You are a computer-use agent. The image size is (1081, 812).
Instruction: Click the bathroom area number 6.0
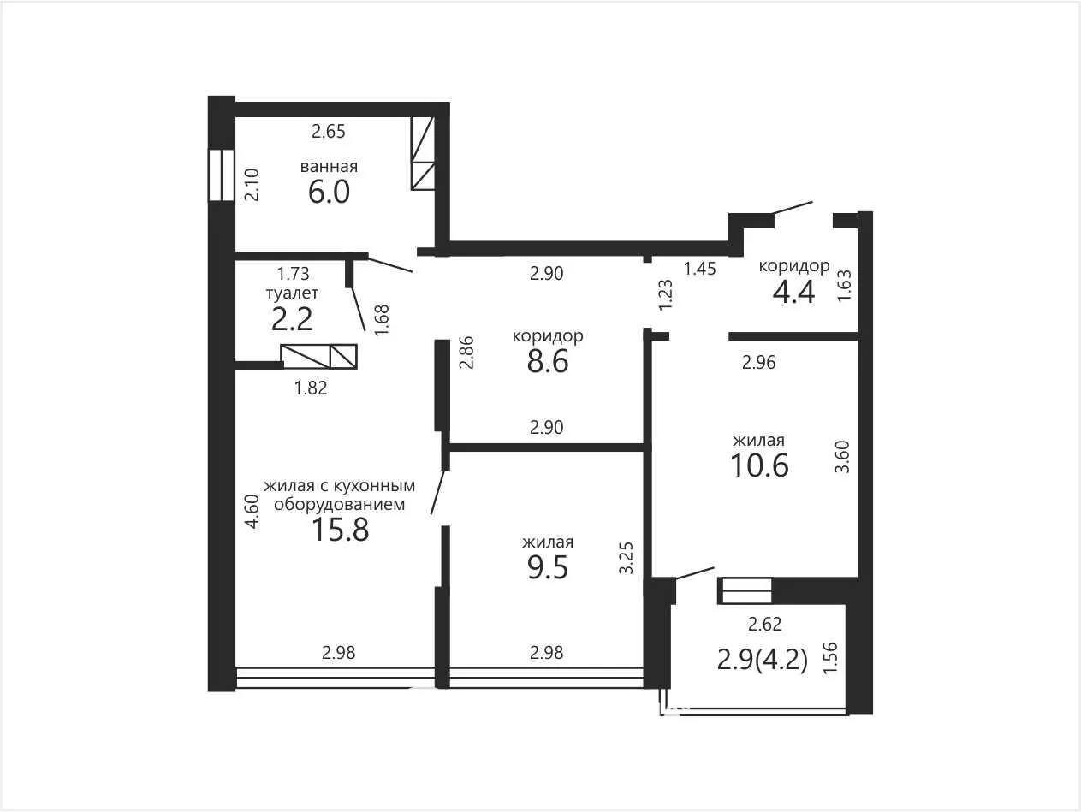[329, 192]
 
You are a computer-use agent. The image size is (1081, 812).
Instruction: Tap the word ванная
[329, 166]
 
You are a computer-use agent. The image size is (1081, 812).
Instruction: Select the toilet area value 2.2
[292, 319]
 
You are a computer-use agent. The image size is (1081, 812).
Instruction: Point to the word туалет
[292, 293]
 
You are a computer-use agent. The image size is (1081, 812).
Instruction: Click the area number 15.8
[341, 530]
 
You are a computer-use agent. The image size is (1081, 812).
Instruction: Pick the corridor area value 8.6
[548, 362]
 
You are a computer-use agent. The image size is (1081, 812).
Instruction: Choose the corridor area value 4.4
[794, 292]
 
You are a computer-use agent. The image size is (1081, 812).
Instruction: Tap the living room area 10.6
[759, 465]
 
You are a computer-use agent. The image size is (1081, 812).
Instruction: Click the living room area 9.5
[548, 567]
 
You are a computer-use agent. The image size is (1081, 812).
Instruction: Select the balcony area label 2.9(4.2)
[763, 660]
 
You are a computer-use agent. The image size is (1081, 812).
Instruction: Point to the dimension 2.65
[329, 132]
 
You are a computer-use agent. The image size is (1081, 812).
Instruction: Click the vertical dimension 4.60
[252, 512]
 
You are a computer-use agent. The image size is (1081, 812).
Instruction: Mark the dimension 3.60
[842, 457]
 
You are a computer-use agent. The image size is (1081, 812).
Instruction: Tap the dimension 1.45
[700, 268]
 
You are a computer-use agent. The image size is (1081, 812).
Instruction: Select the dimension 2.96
[759, 363]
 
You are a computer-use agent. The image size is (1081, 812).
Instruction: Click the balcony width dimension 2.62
[765, 624]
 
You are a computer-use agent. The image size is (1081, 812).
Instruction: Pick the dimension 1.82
[311, 388]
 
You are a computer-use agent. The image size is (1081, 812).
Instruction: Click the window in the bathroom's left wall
[221, 175]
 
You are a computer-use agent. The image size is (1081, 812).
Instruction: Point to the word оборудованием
[339, 505]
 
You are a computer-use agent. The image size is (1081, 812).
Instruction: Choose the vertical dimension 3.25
[626, 558]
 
